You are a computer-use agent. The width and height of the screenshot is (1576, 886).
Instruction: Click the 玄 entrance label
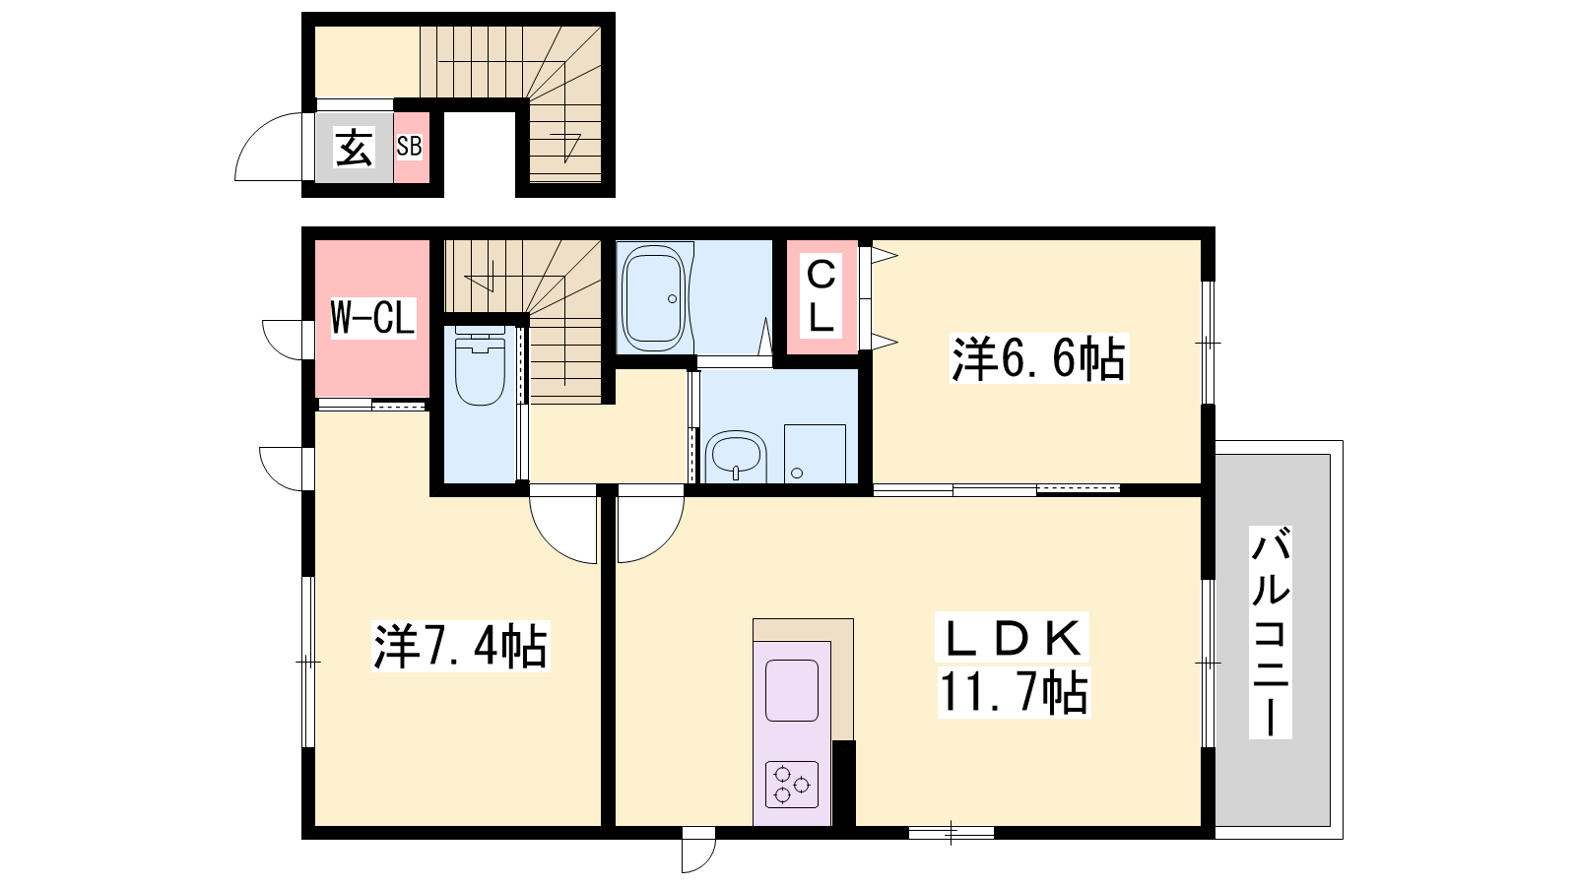354,148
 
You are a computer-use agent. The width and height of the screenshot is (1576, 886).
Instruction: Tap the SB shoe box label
409,147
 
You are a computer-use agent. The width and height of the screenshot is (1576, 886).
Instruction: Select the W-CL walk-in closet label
373,318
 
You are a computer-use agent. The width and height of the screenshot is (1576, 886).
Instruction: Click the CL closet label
821,296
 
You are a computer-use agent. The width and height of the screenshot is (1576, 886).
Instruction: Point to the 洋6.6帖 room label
1038,358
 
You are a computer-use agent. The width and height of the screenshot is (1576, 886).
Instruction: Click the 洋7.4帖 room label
460,646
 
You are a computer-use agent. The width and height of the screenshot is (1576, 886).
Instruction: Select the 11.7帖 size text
1014,693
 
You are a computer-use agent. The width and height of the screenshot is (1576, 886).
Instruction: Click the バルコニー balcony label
1270,632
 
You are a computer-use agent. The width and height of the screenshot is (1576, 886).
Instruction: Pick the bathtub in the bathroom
654,298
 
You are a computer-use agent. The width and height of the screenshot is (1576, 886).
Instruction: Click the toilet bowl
481,370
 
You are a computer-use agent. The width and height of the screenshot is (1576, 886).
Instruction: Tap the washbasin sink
735,457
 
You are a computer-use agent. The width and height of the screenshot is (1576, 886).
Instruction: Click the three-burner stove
792,784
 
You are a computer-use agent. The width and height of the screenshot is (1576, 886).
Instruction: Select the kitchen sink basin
792,690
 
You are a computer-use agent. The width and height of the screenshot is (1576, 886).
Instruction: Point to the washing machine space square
815,454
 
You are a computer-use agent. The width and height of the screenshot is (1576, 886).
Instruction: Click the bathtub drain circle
672,299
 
